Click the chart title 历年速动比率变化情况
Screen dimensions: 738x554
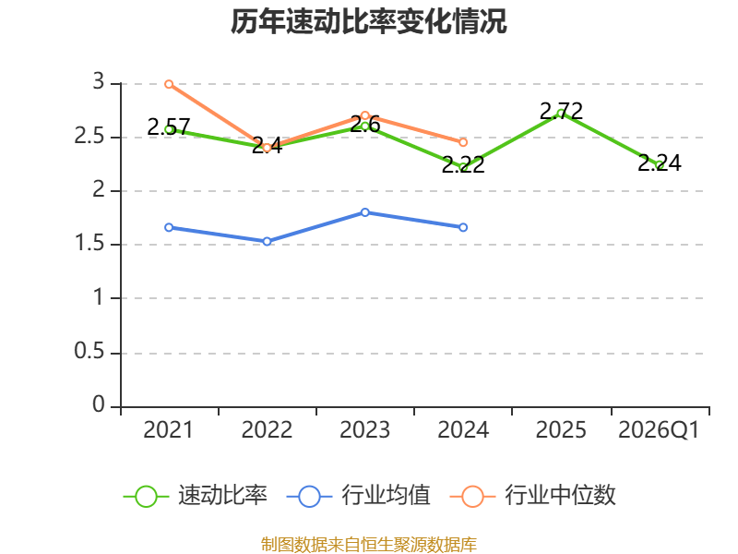[368, 21]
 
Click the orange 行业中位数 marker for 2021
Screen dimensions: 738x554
[169, 84]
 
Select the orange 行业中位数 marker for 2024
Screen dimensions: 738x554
[463, 142]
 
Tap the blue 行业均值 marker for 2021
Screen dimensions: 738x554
[169, 227]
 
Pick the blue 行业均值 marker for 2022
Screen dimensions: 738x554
[267, 242]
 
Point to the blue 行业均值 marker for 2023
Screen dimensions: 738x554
[365, 212]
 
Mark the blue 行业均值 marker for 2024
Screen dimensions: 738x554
[463, 227]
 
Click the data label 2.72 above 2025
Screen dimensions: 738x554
[561, 112]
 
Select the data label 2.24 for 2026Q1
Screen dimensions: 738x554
[660, 163]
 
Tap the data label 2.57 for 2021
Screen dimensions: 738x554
[169, 127]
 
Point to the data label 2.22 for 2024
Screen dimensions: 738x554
[463, 165]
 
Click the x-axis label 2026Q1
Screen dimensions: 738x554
[659, 430]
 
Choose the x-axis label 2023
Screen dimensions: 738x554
[365, 430]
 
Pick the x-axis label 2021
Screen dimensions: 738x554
[169, 430]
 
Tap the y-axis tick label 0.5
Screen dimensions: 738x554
[89, 352]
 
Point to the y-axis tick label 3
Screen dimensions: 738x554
[99, 81]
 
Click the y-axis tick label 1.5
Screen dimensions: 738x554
[89, 243]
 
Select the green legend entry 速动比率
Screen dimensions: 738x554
[195, 496]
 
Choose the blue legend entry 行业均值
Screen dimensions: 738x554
[358, 496]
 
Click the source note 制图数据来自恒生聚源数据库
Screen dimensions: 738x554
[369, 545]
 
